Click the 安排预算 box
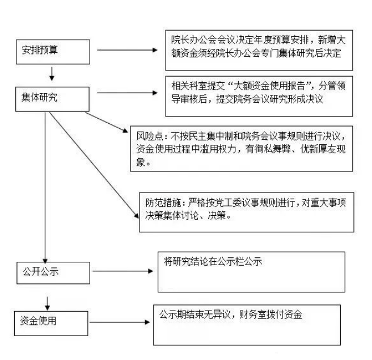52,51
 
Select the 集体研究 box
52,98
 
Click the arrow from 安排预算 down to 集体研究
52,73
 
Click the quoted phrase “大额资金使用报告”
255,86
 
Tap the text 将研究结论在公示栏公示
213,262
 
